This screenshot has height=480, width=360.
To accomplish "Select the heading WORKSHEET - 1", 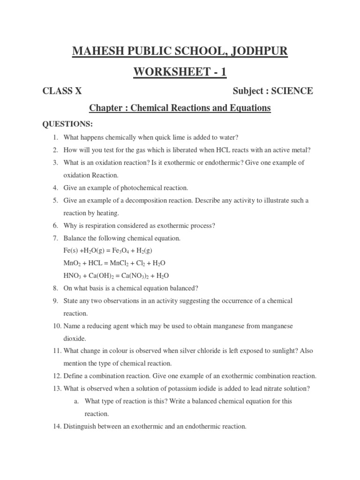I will click(x=180, y=72).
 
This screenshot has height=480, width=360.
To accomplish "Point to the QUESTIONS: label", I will click(x=68, y=124).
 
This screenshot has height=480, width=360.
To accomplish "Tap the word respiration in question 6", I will click(x=95, y=225).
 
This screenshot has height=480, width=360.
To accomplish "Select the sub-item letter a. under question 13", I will click(x=77, y=401).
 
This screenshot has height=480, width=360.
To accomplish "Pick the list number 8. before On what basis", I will click(x=55, y=288).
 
